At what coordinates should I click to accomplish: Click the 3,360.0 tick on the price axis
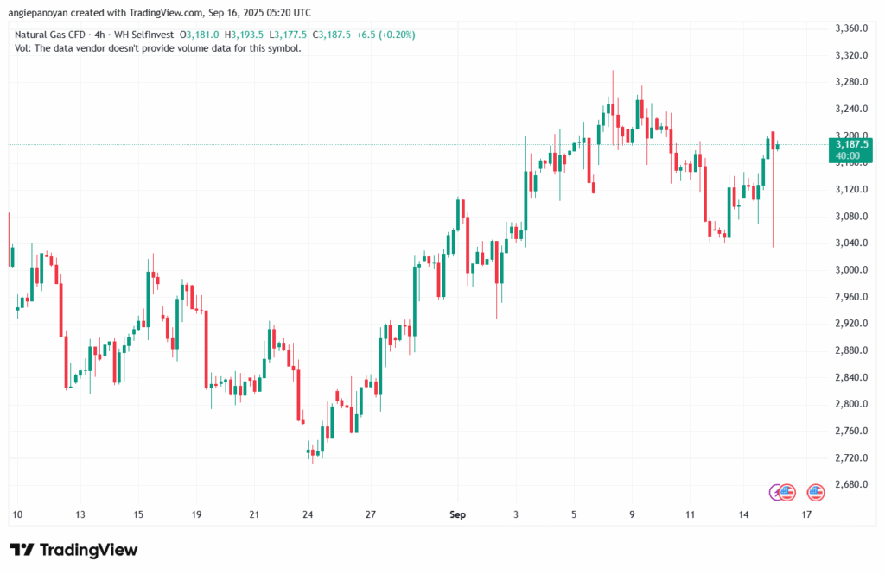click(850, 28)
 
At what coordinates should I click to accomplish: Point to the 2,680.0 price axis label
click(850, 484)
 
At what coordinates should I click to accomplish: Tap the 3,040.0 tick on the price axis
click(850, 243)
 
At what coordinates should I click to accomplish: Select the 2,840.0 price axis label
click(850, 377)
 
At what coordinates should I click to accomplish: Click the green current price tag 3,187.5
click(850, 145)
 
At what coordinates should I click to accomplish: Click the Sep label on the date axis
click(457, 514)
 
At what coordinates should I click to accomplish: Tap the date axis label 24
click(308, 514)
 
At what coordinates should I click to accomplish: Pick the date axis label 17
click(806, 514)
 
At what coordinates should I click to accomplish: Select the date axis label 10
click(16, 514)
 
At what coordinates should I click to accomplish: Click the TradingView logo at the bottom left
click(73, 550)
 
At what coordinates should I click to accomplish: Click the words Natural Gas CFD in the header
click(49, 35)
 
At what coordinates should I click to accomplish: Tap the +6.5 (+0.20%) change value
click(385, 35)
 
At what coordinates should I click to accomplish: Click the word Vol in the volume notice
click(22, 48)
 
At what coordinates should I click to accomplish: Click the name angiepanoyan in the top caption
click(43, 13)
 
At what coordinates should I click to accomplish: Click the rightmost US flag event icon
click(815, 492)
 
